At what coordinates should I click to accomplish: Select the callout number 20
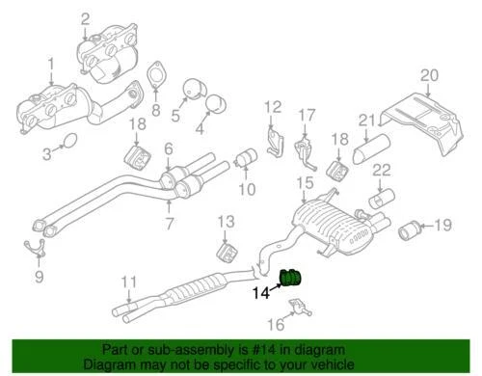[428, 74]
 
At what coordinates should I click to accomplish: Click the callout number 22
[382, 171]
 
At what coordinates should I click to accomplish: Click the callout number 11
[126, 282]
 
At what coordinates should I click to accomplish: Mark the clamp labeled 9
[40, 253]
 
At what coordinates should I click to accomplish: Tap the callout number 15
[304, 182]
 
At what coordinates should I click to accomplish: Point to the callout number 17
[306, 116]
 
